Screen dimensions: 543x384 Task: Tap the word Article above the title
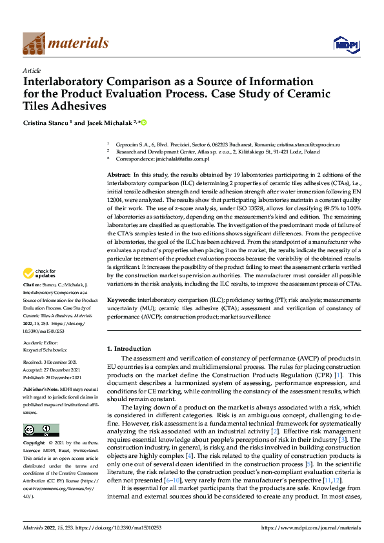(x=32, y=70)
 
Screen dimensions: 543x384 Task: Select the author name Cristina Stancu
(x=47, y=123)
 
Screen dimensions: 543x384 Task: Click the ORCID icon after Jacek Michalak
(x=144, y=122)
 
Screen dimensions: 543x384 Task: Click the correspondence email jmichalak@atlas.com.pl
(x=183, y=159)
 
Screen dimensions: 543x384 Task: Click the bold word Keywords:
(x=121, y=301)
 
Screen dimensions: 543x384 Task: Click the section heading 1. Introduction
(x=128, y=348)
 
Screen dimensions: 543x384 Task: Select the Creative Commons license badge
(x=41, y=430)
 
